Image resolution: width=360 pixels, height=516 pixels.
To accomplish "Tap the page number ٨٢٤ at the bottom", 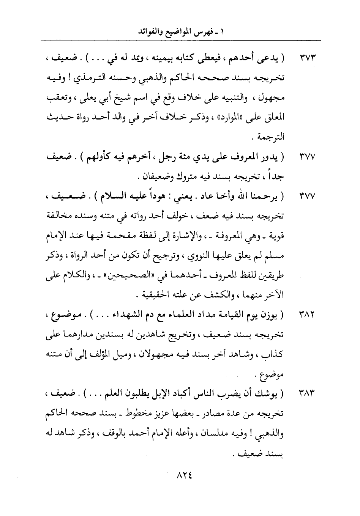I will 184,475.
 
